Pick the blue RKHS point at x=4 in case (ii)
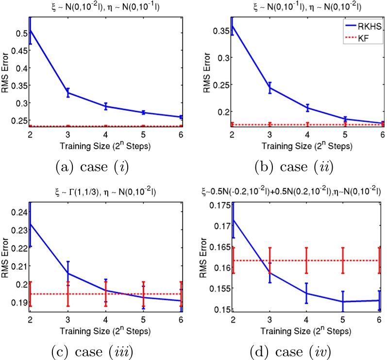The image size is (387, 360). point(307,108)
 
